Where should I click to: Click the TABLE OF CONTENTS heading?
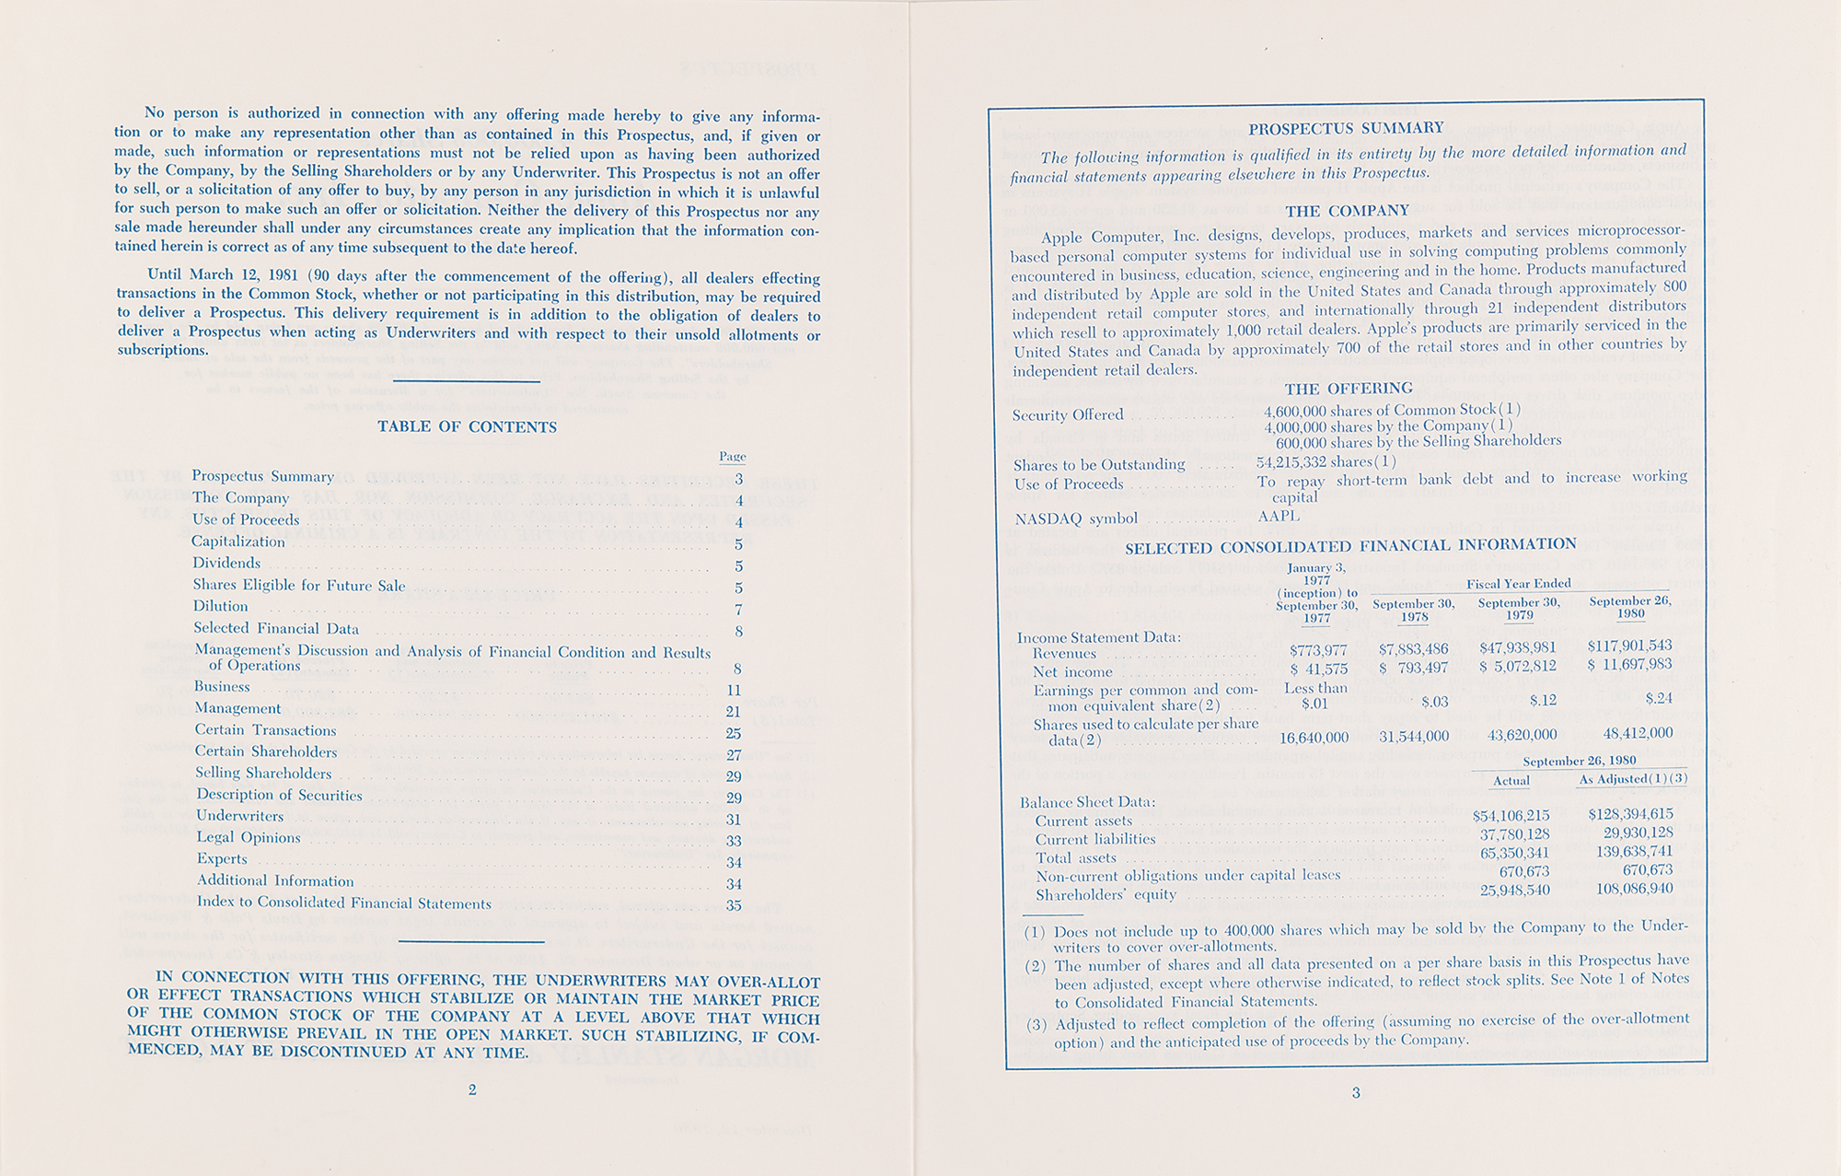[467, 427]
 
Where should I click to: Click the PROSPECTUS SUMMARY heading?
[1345, 128]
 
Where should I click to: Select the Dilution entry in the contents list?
[220, 606]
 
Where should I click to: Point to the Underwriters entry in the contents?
[233, 816]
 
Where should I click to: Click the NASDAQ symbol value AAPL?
[1279, 517]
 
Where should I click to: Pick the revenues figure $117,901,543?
[1629, 646]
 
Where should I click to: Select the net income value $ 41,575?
[1318, 670]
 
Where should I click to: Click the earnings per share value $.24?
[1659, 698]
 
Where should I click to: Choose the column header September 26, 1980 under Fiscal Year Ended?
[1630, 608]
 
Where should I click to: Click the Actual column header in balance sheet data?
[1511, 781]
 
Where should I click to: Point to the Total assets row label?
[1075, 858]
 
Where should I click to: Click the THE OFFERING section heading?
[1348, 389]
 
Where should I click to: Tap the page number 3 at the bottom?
[1355, 1093]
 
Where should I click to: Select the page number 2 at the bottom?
[472, 1090]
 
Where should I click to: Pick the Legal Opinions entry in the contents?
[249, 838]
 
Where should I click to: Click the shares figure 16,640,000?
[1314, 738]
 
